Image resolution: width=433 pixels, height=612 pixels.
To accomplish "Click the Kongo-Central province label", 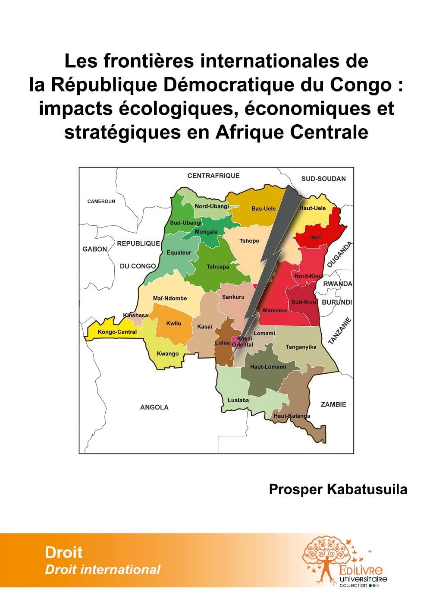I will click(x=117, y=332).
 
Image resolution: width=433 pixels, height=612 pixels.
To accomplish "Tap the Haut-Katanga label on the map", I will click(x=292, y=416).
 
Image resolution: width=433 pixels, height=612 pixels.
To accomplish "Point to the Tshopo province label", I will click(x=249, y=241).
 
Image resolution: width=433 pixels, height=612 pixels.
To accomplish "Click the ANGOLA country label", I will click(x=154, y=407).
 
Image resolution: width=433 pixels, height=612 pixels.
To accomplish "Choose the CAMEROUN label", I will click(x=101, y=201).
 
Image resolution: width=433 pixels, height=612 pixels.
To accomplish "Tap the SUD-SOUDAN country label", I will click(x=323, y=179).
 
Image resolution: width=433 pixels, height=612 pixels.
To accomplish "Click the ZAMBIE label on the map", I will click(x=333, y=404).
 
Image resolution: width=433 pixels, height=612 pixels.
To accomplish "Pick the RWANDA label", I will click(x=338, y=284).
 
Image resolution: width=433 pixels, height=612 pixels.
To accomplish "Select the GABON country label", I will click(x=95, y=249).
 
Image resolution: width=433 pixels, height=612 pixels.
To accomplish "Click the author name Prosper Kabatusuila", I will click(x=338, y=489).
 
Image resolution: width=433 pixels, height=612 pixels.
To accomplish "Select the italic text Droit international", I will click(x=103, y=570).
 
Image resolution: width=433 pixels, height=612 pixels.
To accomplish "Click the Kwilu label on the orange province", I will click(x=174, y=323).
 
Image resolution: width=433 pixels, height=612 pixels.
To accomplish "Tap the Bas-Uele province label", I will click(x=264, y=208).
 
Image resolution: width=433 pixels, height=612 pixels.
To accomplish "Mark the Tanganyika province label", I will click(x=301, y=347).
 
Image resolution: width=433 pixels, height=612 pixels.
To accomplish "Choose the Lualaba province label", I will click(x=238, y=400).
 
